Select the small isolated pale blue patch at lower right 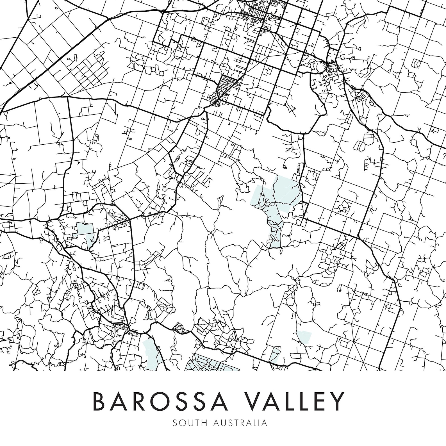pos(304,337)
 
